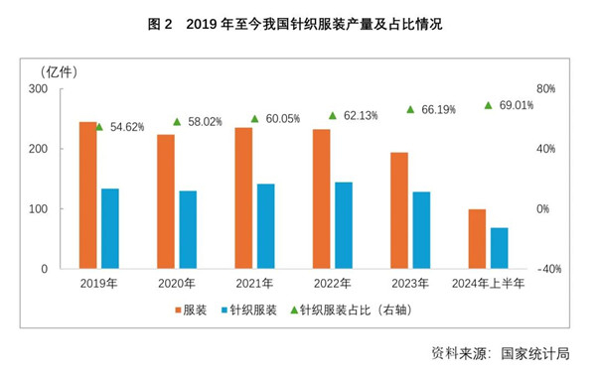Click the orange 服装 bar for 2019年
point(88,195)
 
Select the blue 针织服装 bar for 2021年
point(265,226)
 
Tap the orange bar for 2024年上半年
point(477,239)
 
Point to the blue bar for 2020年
point(188,230)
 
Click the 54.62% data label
point(127,127)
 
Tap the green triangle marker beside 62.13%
point(333,116)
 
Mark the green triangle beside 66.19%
point(410,109)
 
